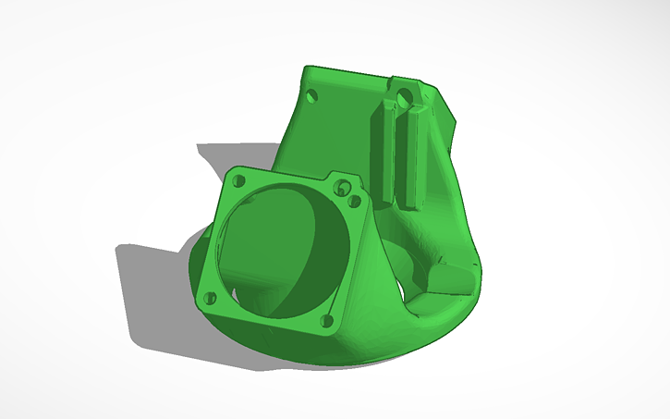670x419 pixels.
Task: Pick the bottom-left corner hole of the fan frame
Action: click(208, 298)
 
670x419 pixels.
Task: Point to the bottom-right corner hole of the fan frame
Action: click(325, 320)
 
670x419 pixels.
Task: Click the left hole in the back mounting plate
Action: click(311, 94)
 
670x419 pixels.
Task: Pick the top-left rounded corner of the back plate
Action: click(307, 71)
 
